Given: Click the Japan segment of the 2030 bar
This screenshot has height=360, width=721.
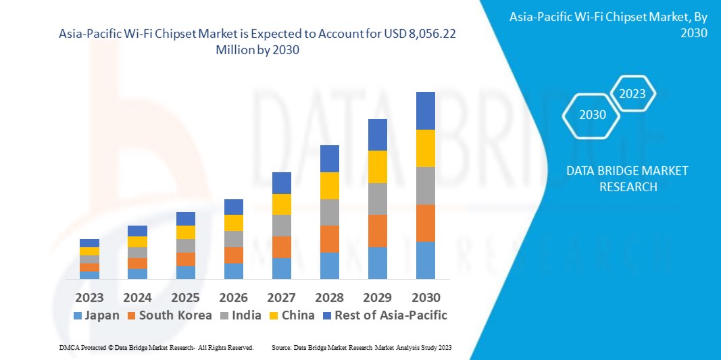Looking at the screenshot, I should click(425, 260).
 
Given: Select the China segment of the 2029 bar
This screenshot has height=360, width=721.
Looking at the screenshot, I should click(377, 167).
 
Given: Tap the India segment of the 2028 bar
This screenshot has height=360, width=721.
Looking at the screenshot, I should click(329, 212).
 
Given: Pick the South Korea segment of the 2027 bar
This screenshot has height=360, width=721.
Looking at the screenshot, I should click(281, 247).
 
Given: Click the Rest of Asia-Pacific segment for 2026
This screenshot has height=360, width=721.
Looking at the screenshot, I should click(233, 207).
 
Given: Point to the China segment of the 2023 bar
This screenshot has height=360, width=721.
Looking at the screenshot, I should click(89, 251).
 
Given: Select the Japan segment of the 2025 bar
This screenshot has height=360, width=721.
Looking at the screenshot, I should click(185, 272).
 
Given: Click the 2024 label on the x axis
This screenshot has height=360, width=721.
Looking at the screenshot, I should click(137, 298).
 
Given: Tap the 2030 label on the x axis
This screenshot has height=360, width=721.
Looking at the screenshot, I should click(425, 298).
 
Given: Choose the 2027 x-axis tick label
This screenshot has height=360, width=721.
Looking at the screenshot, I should click(281, 298).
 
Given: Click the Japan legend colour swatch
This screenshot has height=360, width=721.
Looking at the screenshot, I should click(77, 315).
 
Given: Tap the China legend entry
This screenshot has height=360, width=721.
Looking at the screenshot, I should click(291, 315).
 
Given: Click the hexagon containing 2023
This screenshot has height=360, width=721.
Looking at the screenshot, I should click(632, 94).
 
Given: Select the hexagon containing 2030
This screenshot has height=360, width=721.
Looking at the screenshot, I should click(593, 115).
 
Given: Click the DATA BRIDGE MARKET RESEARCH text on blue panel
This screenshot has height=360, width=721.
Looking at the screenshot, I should click(628, 179).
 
